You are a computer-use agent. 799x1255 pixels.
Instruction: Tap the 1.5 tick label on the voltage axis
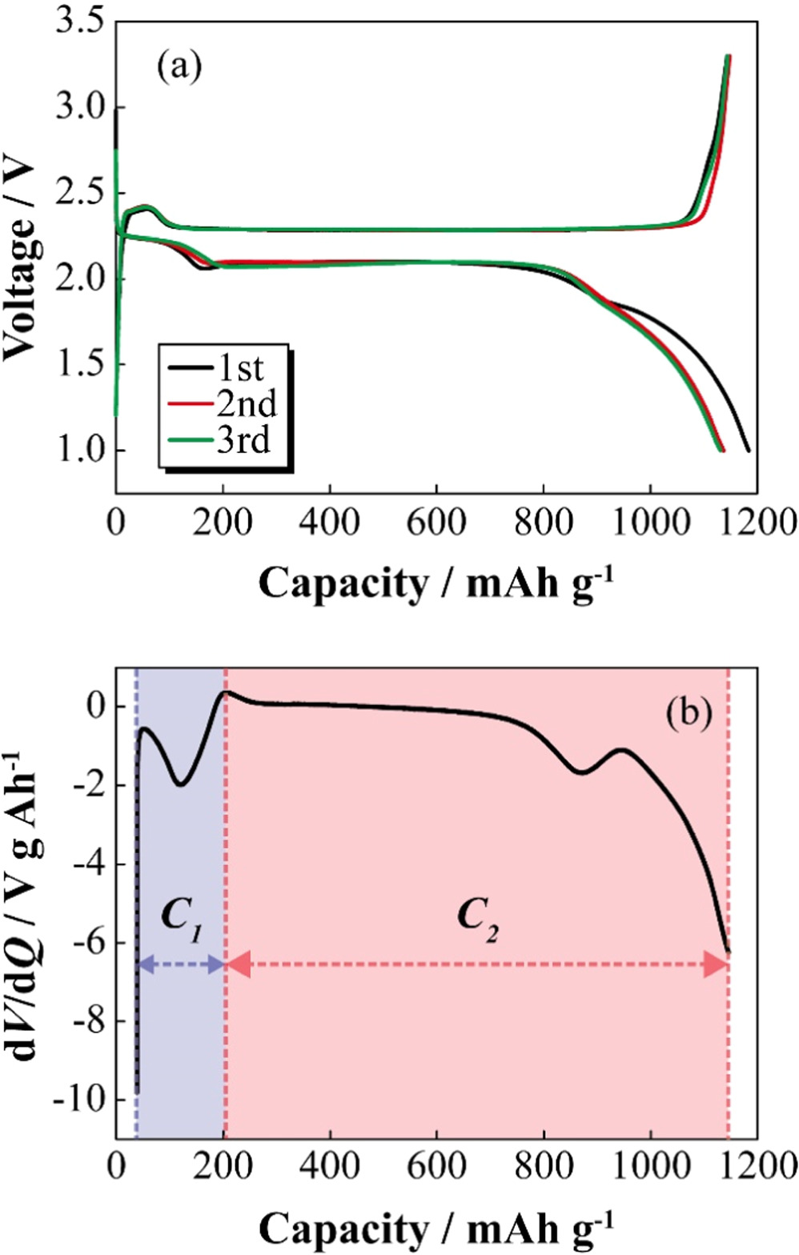80,365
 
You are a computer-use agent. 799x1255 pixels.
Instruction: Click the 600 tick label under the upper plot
436,523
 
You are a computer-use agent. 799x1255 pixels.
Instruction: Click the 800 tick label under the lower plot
544,1168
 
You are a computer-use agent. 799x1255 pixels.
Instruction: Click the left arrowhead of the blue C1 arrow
145,965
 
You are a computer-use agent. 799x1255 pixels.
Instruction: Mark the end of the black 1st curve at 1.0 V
749,451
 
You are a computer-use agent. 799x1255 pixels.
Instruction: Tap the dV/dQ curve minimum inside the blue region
181,784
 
